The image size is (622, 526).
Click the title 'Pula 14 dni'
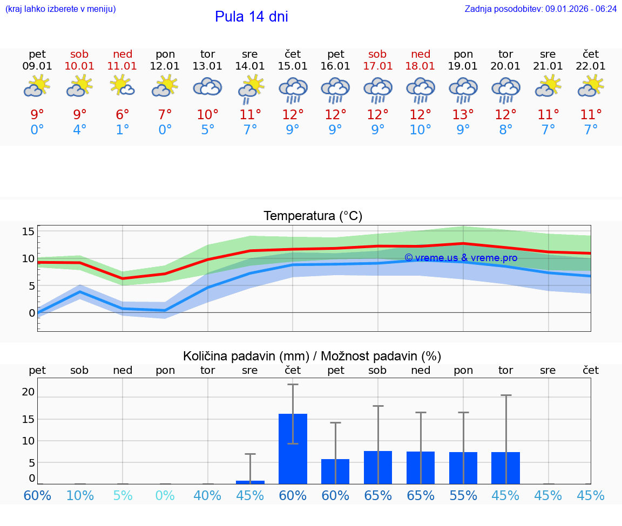[251, 17]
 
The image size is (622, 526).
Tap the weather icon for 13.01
[207, 87]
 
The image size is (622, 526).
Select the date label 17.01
[377, 66]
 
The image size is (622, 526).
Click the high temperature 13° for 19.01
[463, 115]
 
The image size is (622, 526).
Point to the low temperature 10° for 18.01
[420, 130]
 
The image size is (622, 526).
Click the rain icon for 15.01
[293, 90]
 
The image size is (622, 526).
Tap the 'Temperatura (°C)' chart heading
[313, 216]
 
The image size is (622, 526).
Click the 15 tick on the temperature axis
[28, 231]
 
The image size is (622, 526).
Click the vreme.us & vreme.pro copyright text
[461, 258]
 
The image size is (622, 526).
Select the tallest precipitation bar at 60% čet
[293, 448]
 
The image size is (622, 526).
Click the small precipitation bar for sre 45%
[250, 482]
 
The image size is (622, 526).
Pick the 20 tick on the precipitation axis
[28, 392]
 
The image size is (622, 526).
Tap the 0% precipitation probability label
[165, 495]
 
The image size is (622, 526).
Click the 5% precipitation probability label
[123, 495]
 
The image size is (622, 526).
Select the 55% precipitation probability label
[463, 495]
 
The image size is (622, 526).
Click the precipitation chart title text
[312, 356]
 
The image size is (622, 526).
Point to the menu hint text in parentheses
[60, 9]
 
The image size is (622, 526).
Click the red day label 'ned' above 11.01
[123, 54]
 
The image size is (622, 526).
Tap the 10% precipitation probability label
[80, 495]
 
